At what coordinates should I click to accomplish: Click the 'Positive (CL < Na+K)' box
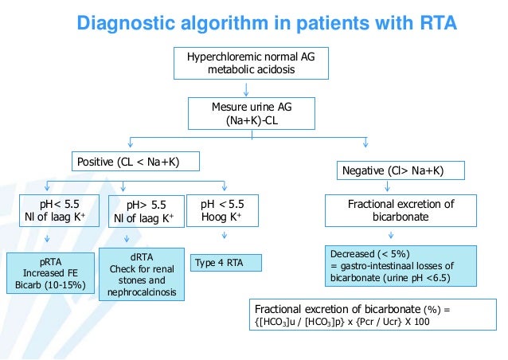pyautogui.click(x=135, y=162)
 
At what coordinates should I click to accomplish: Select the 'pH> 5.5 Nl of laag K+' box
pyautogui.click(x=146, y=211)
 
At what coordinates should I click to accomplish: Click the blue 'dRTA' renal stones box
pyautogui.click(x=140, y=274)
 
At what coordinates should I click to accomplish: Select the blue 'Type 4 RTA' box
pyautogui.click(x=226, y=262)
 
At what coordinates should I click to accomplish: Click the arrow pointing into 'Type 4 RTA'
pyautogui.click(x=224, y=236)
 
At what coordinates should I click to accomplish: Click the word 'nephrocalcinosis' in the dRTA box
pyautogui.click(x=140, y=293)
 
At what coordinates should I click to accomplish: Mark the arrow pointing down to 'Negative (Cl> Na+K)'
pyautogui.click(x=365, y=143)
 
